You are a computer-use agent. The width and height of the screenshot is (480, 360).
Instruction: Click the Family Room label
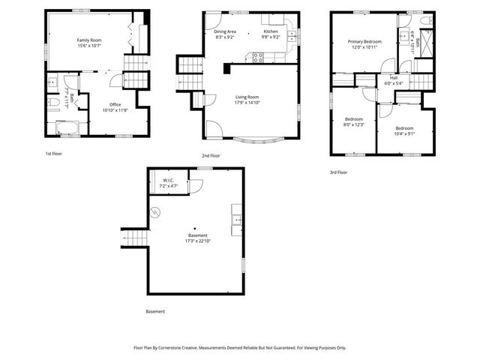pos(88,40)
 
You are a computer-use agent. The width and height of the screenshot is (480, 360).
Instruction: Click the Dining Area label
pos(225,31)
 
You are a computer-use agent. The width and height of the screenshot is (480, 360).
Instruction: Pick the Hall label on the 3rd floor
pos(393,77)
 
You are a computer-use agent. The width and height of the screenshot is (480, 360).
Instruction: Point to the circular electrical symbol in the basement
pos(155,212)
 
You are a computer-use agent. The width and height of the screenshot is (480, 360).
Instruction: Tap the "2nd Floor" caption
pos(210,155)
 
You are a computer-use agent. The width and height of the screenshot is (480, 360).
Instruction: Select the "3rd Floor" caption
pos(338,172)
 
